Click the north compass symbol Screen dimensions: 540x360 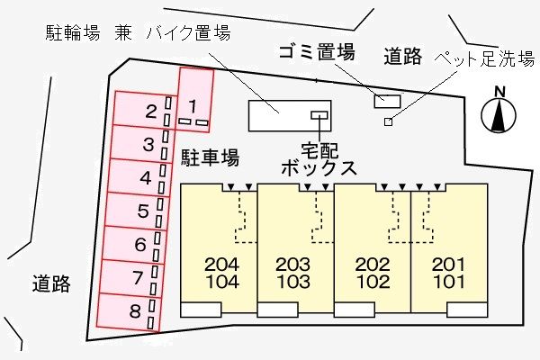(x=497, y=110)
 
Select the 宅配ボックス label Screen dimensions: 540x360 (x=318, y=157)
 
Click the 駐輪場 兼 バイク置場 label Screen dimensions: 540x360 (x=139, y=34)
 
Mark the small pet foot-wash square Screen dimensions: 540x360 (x=388, y=122)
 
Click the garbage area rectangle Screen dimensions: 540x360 (x=388, y=100)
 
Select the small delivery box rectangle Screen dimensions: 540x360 (x=319, y=114)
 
